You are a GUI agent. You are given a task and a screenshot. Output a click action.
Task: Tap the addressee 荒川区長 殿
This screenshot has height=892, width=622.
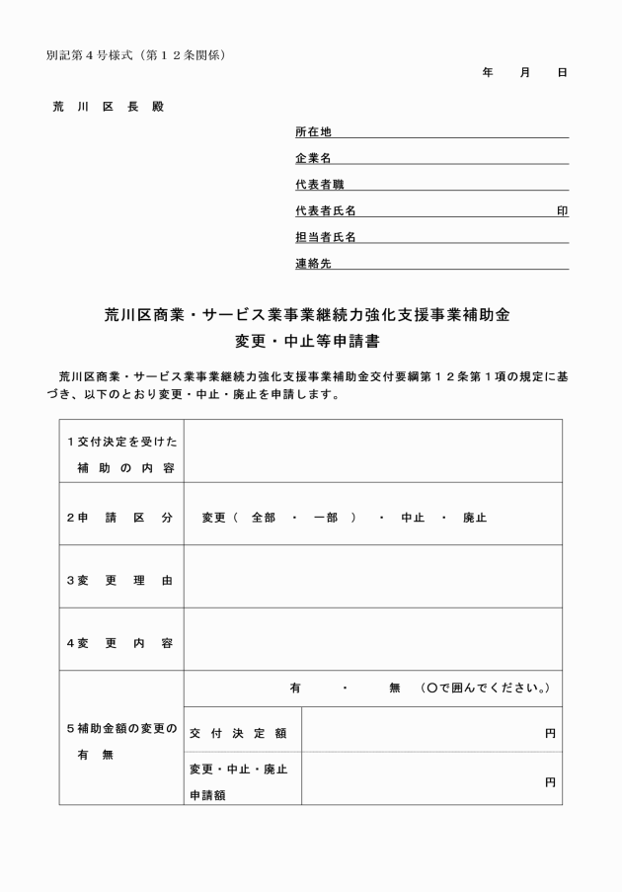[x=109, y=107]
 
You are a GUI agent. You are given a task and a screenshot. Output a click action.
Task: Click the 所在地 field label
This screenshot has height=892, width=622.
[x=313, y=131]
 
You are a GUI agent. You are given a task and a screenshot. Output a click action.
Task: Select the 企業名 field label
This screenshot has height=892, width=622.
[x=313, y=158]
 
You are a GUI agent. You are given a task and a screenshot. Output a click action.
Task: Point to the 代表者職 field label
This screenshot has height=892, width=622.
[x=319, y=185]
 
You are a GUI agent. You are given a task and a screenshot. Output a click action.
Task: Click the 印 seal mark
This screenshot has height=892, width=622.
[x=562, y=211]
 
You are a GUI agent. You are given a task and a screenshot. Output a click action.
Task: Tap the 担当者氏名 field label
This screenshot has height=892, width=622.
[x=325, y=237]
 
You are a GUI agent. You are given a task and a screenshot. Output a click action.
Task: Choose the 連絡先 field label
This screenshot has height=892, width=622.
[x=313, y=264]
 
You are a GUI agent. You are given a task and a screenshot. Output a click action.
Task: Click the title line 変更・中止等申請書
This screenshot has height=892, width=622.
[x=310, y=343]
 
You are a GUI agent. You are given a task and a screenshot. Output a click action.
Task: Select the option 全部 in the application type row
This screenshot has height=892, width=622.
[x=263, y=517]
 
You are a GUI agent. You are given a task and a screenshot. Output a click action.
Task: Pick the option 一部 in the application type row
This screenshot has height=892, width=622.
[x=325, y=517]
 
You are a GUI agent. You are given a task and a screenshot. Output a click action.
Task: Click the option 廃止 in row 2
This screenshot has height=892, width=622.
[x=475, y=517]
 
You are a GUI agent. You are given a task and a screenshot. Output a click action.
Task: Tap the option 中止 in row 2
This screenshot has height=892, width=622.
[x=413, y=517]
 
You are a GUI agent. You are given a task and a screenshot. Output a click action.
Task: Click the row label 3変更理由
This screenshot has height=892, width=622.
[x=119, y=580]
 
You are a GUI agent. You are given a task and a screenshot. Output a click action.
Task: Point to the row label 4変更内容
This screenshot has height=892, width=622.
[x=119, y=643]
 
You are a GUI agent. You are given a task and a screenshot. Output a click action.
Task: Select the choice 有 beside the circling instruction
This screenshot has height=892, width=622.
[x=294, y=688]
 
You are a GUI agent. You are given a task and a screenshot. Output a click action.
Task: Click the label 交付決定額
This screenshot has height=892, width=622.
[x=238, y=734]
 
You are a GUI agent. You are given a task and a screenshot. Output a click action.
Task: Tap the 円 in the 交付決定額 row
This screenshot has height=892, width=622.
[x=550, y=734]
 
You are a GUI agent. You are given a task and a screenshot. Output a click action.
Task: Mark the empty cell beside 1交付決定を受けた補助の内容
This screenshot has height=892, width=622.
[x=373, y=451]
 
